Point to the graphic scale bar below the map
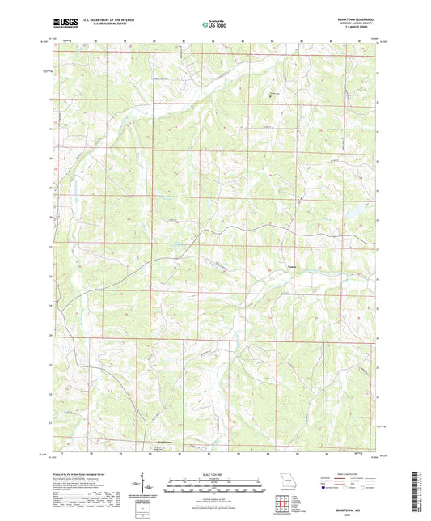215,485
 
